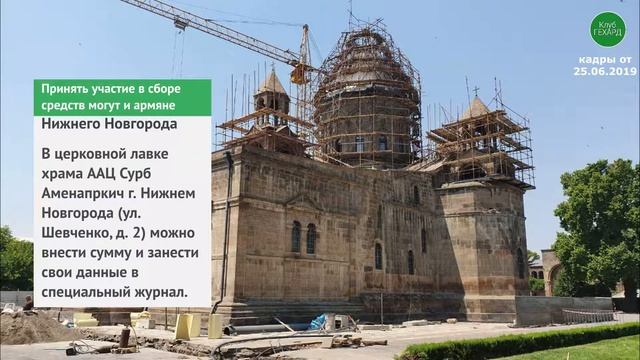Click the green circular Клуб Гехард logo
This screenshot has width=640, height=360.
(607, 29)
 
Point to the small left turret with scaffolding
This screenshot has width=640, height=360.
(272, 96)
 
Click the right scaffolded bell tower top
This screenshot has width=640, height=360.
(478, 125)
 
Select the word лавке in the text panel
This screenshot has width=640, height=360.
(175, 151)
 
